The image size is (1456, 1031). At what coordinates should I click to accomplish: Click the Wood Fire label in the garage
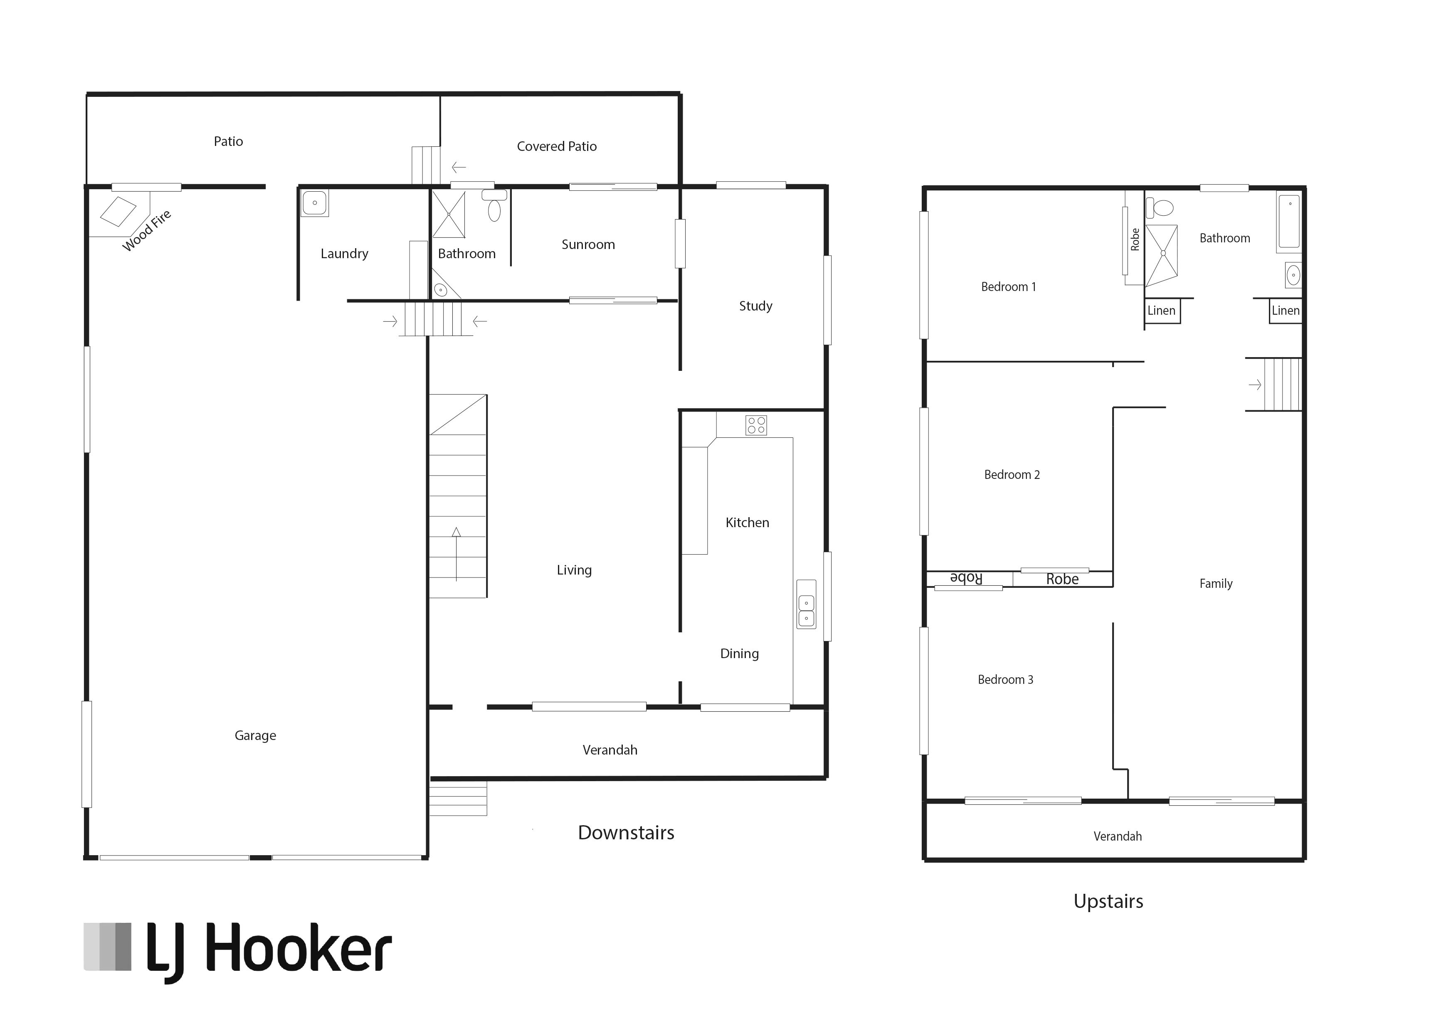(x=147, y=230)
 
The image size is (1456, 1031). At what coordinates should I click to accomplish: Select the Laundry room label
(x=344, y=254)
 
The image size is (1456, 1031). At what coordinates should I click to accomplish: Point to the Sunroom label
(x=588, y=244)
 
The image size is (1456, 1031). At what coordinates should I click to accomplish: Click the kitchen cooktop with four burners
(x=756, y=425)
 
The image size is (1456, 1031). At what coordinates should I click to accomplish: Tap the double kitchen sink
(x=807, y=611)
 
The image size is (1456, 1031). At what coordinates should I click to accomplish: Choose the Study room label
(x=755, y=306)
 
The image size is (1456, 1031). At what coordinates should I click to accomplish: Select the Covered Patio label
(x=557, y=147)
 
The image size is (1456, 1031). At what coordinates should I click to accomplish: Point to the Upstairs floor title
(x=1108, y=901)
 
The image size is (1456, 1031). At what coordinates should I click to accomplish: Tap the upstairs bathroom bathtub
(x=1289, y=222)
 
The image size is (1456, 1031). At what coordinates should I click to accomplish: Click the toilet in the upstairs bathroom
(x=1160, y=207)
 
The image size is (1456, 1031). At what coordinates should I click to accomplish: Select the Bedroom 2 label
(x=1012, y=475)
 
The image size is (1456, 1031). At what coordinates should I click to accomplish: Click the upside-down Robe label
(x=966, y=578)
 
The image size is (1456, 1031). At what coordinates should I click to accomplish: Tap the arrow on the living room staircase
(x=456, y=554)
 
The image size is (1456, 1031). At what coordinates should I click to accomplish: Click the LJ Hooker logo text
(x=269, y=951)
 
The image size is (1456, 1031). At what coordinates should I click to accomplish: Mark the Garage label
(x=255, y=736)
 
